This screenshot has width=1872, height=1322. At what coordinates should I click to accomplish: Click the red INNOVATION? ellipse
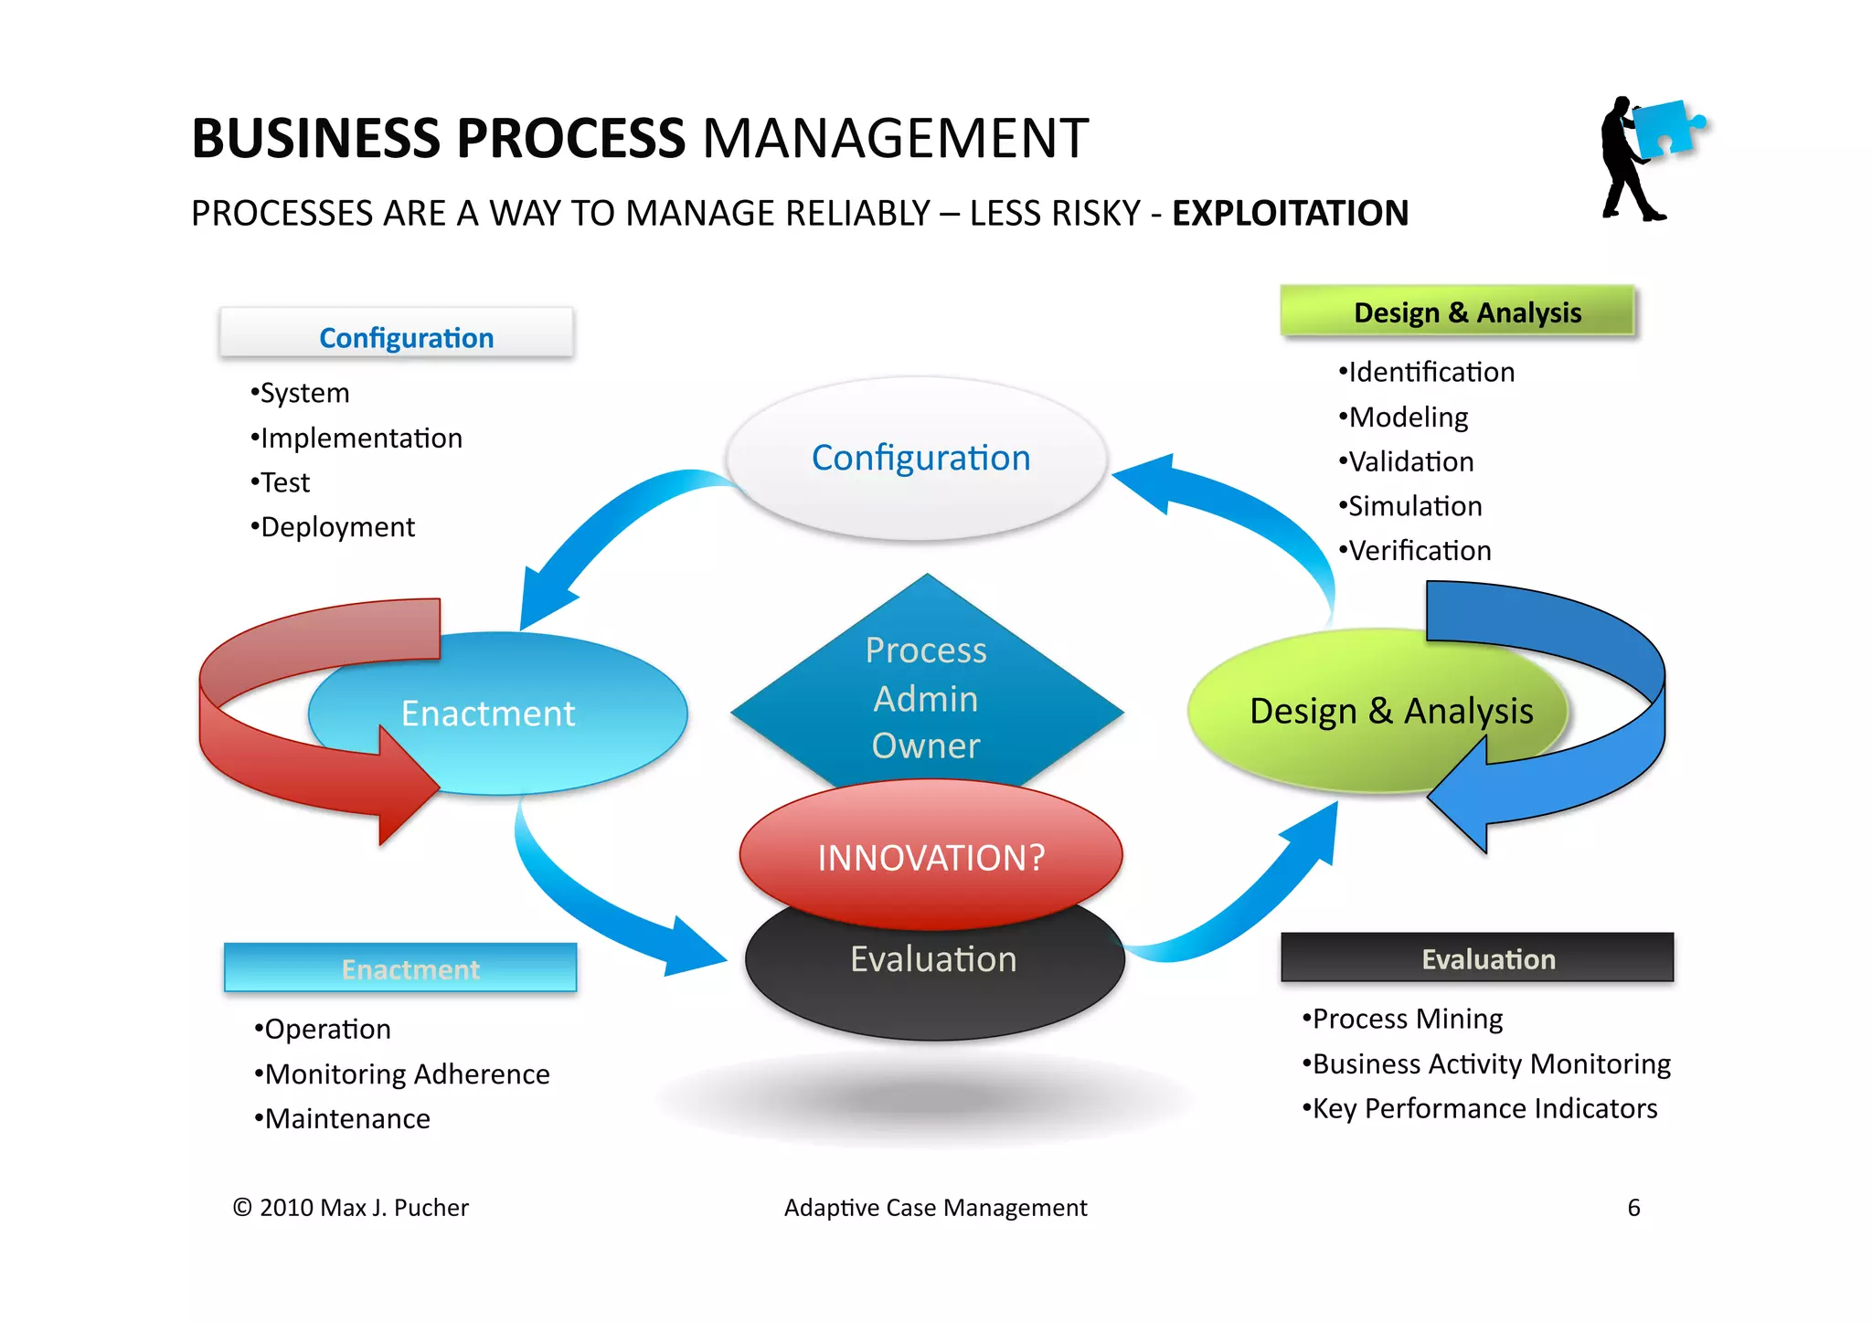(x=931, y=855)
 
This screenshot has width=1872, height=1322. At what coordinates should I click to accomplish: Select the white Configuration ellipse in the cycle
(x=920, y=458)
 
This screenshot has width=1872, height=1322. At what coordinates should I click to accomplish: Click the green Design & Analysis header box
(x=1457, y=312)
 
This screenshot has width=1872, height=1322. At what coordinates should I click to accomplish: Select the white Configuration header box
(x=397, y=336)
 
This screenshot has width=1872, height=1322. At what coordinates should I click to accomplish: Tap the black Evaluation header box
(x=1477, y=958)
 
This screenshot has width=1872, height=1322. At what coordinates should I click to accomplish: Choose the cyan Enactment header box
(x=400, y=968)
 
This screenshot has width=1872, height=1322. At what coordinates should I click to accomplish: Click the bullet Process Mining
(x=1404, y=1019)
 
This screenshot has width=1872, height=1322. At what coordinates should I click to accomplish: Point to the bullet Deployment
(x=335, y=527)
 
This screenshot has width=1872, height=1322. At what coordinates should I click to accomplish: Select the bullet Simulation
(x=1412, y=506)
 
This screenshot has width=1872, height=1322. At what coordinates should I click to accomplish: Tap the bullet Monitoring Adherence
(x=404, y=1074)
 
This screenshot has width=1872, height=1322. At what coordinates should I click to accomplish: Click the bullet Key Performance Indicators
(x=1482, y=1108)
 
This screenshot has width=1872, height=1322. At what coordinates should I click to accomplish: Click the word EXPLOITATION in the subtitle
(x=1290, y=214)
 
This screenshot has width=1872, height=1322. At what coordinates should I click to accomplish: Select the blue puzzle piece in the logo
(x=1665, y=129)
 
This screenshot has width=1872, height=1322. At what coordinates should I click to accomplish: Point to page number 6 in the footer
(x=1633, y=1208)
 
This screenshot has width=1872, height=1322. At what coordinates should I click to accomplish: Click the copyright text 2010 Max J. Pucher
(x=352, y=1208)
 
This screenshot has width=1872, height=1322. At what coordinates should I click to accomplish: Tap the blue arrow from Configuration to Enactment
(x=603, y=530)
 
